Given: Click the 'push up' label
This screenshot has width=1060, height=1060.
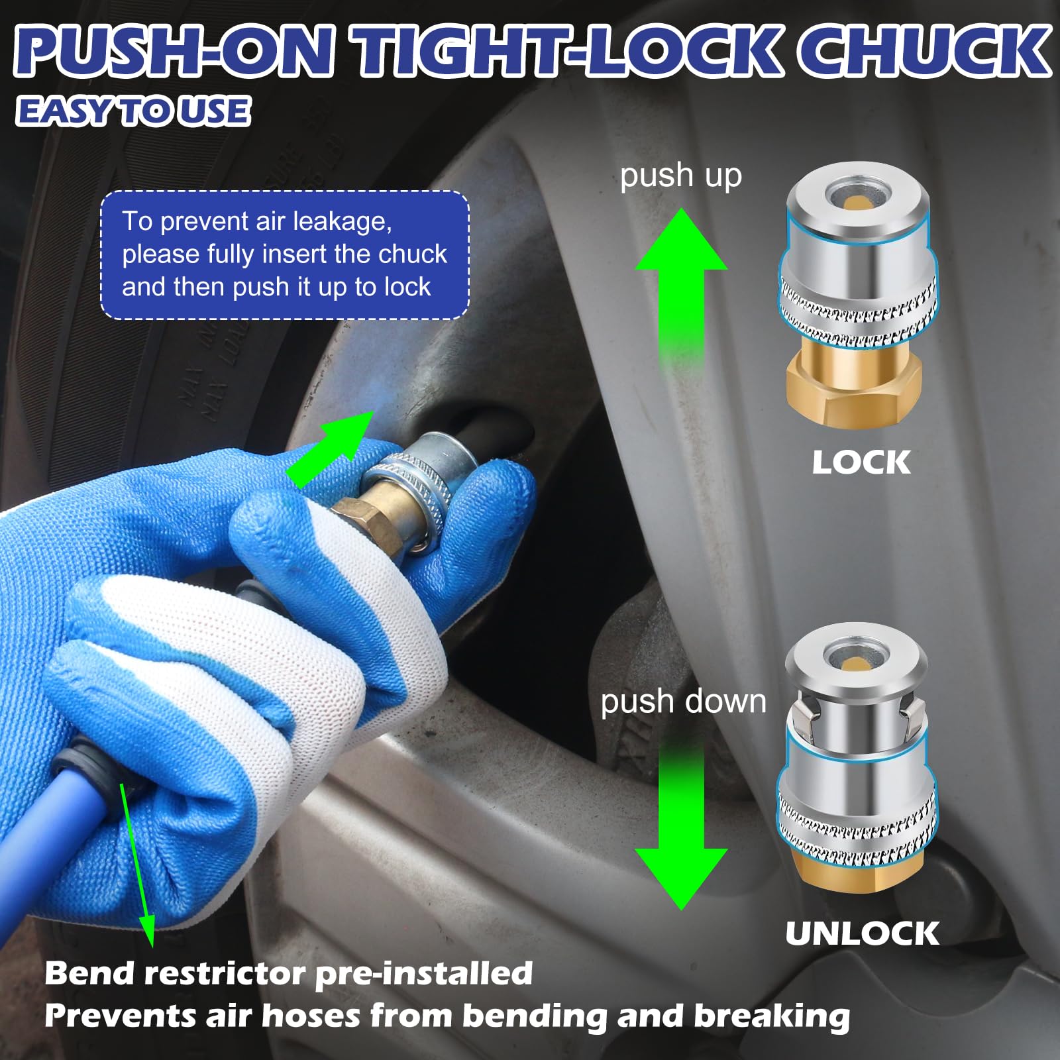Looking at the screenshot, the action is point(681,176).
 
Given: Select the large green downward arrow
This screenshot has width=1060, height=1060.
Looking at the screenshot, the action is point(681,825).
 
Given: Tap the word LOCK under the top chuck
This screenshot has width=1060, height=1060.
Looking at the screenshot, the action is point(861,462).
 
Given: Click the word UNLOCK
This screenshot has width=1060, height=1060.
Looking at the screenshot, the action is point(862,933).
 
